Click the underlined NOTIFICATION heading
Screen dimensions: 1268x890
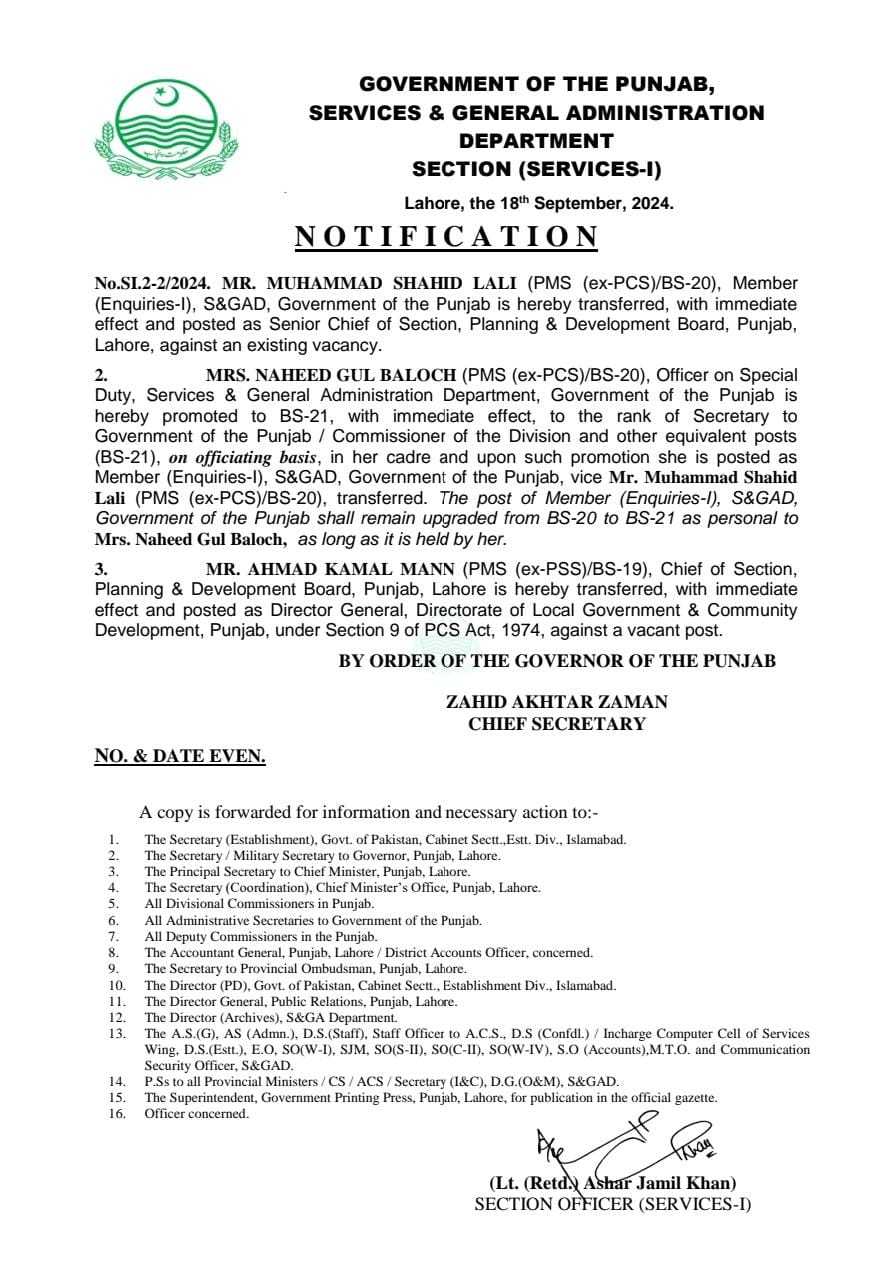[446, 237]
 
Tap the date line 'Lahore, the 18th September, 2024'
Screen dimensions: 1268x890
[539, 203]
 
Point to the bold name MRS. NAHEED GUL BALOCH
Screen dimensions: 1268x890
[332, 374]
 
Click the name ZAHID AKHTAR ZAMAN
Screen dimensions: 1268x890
[556, 702]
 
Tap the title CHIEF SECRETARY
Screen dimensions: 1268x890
[556, 724]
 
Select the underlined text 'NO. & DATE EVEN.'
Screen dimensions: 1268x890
[180, 757]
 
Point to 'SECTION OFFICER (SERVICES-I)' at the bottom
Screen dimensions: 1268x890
[612, 1204]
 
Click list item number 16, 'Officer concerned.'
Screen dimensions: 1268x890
[196, 1114]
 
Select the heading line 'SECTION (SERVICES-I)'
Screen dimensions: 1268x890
[536, 169]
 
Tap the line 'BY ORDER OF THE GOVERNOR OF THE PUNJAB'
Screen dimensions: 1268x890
[556, 661]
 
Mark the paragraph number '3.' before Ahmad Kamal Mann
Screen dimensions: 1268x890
[101, 570]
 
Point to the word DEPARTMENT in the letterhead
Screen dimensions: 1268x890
[536, 141]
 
